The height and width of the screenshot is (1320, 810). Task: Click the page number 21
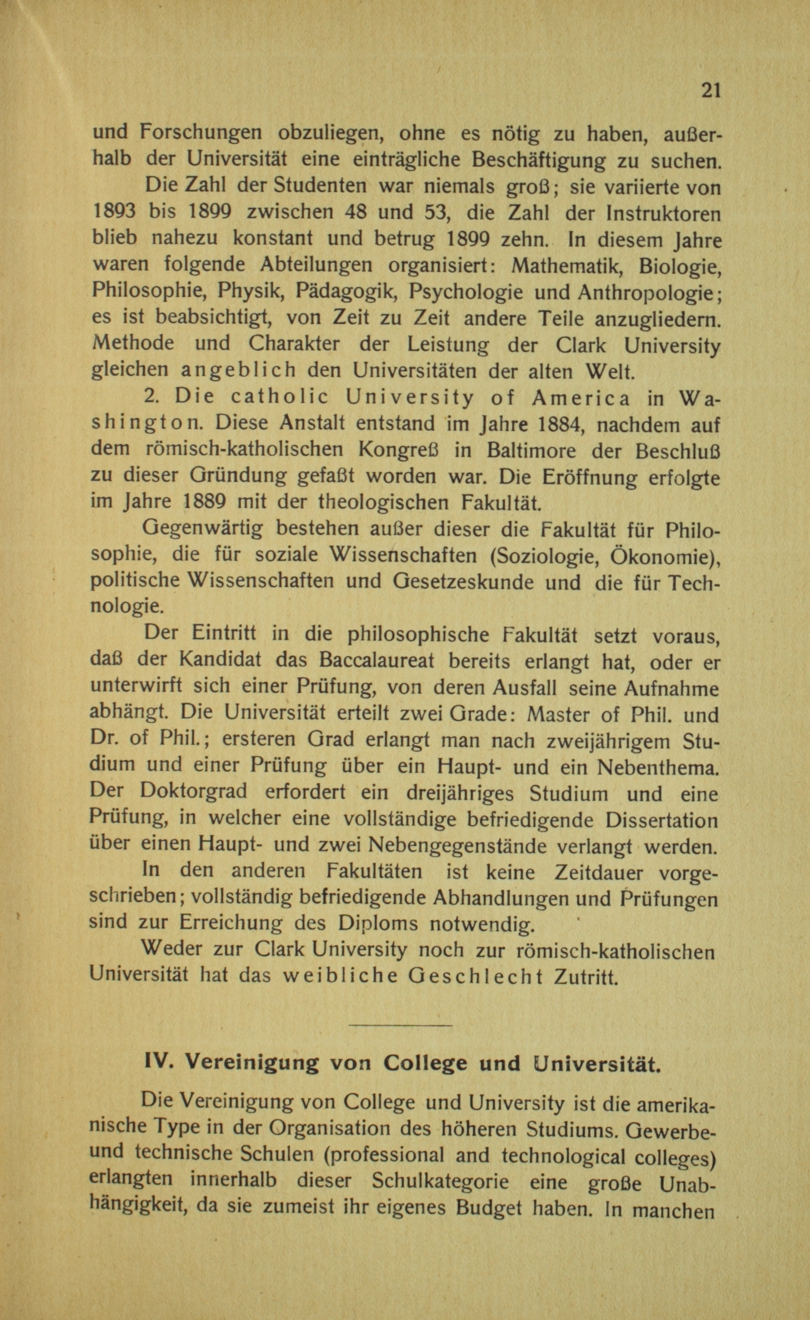710,91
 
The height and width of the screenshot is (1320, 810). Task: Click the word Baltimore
532,451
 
